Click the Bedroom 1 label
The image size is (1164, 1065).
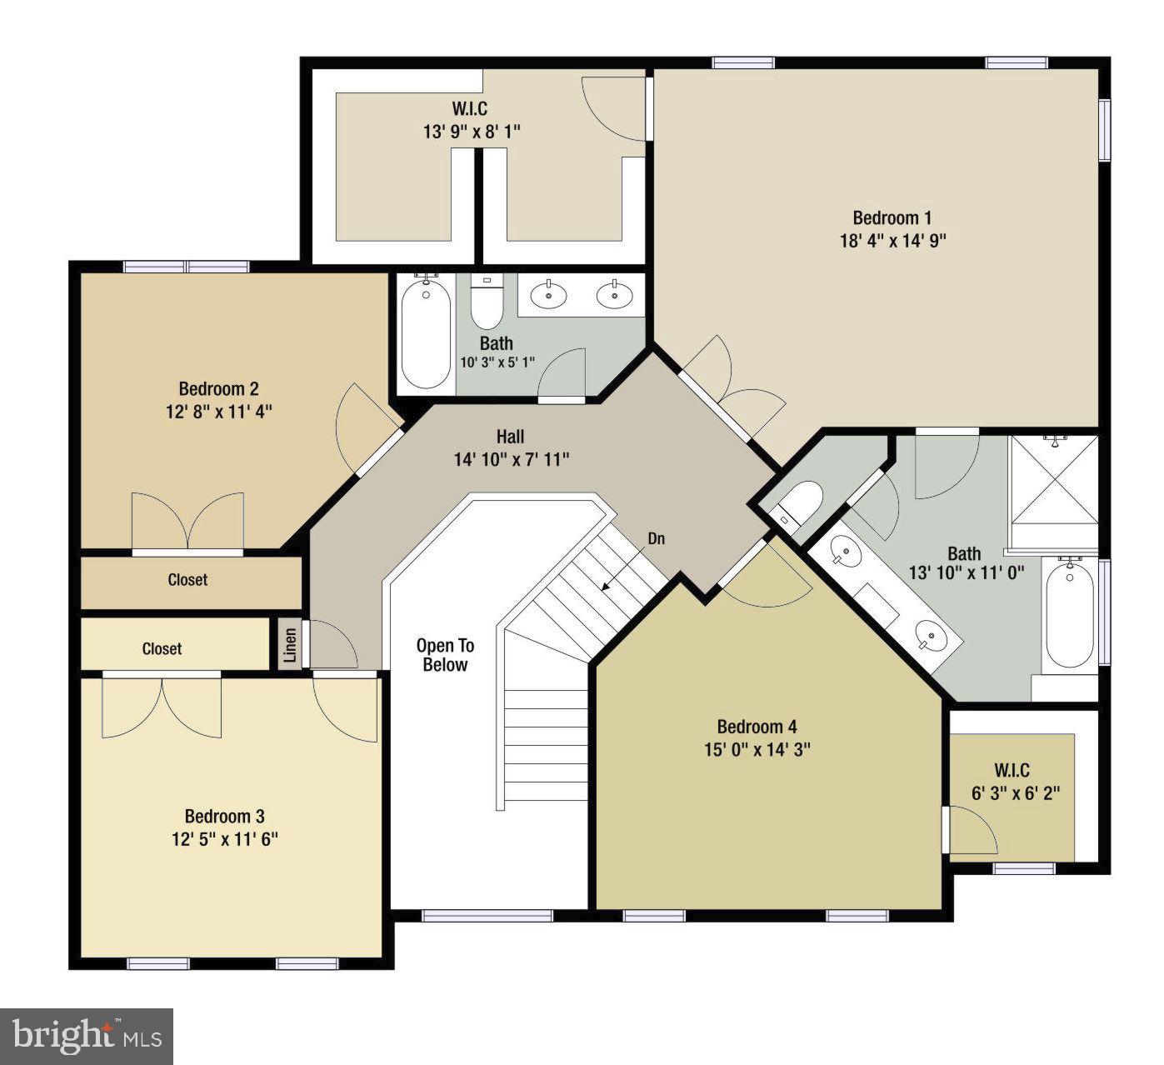(892, 218)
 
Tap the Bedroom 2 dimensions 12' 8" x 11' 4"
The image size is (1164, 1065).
(219, 412)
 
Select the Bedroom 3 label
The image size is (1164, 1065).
(224, 817)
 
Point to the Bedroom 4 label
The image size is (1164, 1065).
(757, 727)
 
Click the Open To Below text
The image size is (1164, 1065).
(445, 655)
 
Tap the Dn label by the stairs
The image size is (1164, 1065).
(657, 538)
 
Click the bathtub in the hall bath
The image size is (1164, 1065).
(426, 333)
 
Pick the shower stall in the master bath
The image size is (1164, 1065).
(1054, 482)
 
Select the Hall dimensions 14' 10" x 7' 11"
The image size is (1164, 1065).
(512, 459)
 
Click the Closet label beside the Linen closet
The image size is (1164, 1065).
(162, 648)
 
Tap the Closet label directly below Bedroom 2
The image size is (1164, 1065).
(187, 580)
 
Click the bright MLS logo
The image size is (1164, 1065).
(87, 1036)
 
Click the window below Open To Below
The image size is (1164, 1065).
(487, 916)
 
